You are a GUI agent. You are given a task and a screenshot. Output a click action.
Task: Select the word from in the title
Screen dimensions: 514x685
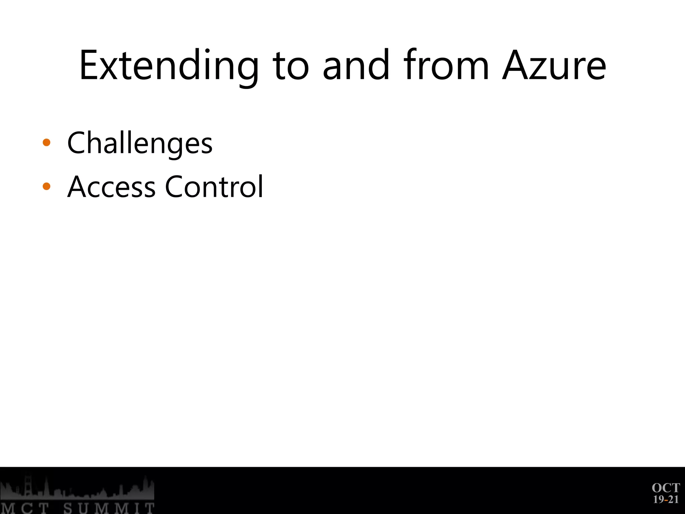pyautogui.click(x=447, y=66)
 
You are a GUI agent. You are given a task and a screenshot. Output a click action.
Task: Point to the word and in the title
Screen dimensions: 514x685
pyautogui.click(x=356, y=66)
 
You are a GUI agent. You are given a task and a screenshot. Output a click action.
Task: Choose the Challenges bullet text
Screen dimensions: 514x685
pyautogui.click(x=140, y=143)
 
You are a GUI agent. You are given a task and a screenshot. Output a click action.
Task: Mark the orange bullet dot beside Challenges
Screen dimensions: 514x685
pyautogui.click(x=46, y=143)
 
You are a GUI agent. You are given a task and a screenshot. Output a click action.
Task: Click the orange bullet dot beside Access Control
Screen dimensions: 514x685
pyautogui.click(x=46, y=186)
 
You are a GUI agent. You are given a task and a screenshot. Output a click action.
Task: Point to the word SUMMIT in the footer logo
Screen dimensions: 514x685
pyautogui.click(x=109, y=508)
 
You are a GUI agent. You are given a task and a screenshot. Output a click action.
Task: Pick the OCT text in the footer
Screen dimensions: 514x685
pyautogui.click(x=666, y=488)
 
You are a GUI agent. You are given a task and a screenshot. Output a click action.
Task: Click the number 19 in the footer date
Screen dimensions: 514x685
pyautogui.click(x=659, y=500)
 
